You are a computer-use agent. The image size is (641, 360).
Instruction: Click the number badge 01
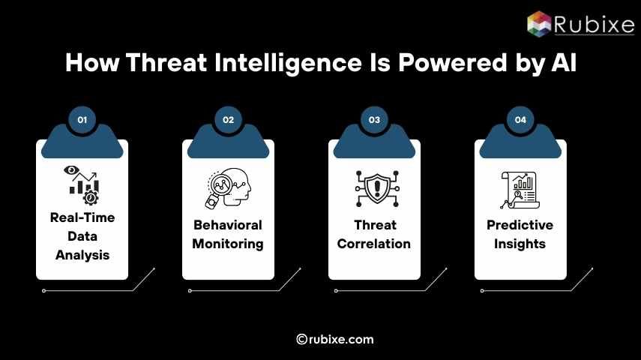[x=82, y=119]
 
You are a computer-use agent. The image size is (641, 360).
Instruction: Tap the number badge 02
[x=229, y=119]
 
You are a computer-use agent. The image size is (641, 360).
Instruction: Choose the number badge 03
[x=374, y=119]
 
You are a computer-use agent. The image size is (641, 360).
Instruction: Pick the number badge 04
[x=520, y=119]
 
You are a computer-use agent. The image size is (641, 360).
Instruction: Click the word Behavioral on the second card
[x=228, y=225]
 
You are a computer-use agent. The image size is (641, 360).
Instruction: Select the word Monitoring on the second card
[x=228, y=244]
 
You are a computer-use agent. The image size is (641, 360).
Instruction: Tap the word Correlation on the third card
[x=374, y=244]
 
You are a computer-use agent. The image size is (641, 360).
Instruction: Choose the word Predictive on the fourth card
[x=520, y=225]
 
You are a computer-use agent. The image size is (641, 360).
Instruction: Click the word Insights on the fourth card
[x=520, y=244]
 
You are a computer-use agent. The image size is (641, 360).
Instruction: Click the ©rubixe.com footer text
[x=335, y=340]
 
